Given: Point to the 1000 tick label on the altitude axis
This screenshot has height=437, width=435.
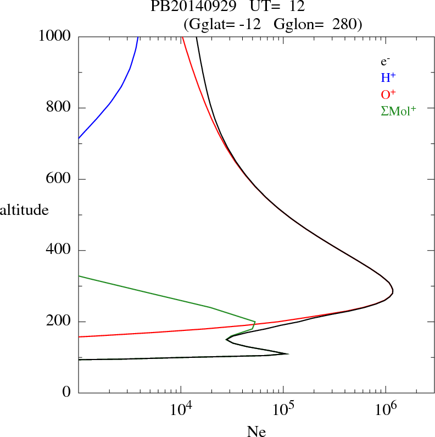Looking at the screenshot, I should [x=55, y=36].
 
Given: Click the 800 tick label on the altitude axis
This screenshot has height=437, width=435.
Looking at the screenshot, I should [x=59, y=108].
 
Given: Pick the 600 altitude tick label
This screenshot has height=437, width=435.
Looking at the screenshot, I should [x=59, y=179].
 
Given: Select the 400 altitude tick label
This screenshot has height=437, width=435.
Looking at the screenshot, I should [x=59, y=251].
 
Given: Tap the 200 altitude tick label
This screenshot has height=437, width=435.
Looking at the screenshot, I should [x=59, y=322].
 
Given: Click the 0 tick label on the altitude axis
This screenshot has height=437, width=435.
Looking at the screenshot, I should [x=67, y=392].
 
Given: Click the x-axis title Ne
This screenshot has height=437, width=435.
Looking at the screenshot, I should [x=256, y=432].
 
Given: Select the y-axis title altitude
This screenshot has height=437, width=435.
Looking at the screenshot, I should [x=24, y=209].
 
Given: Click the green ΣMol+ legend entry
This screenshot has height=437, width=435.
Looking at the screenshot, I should [x=398, y=110].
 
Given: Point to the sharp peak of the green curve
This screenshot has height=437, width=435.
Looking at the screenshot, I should [x=255, y=322].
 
